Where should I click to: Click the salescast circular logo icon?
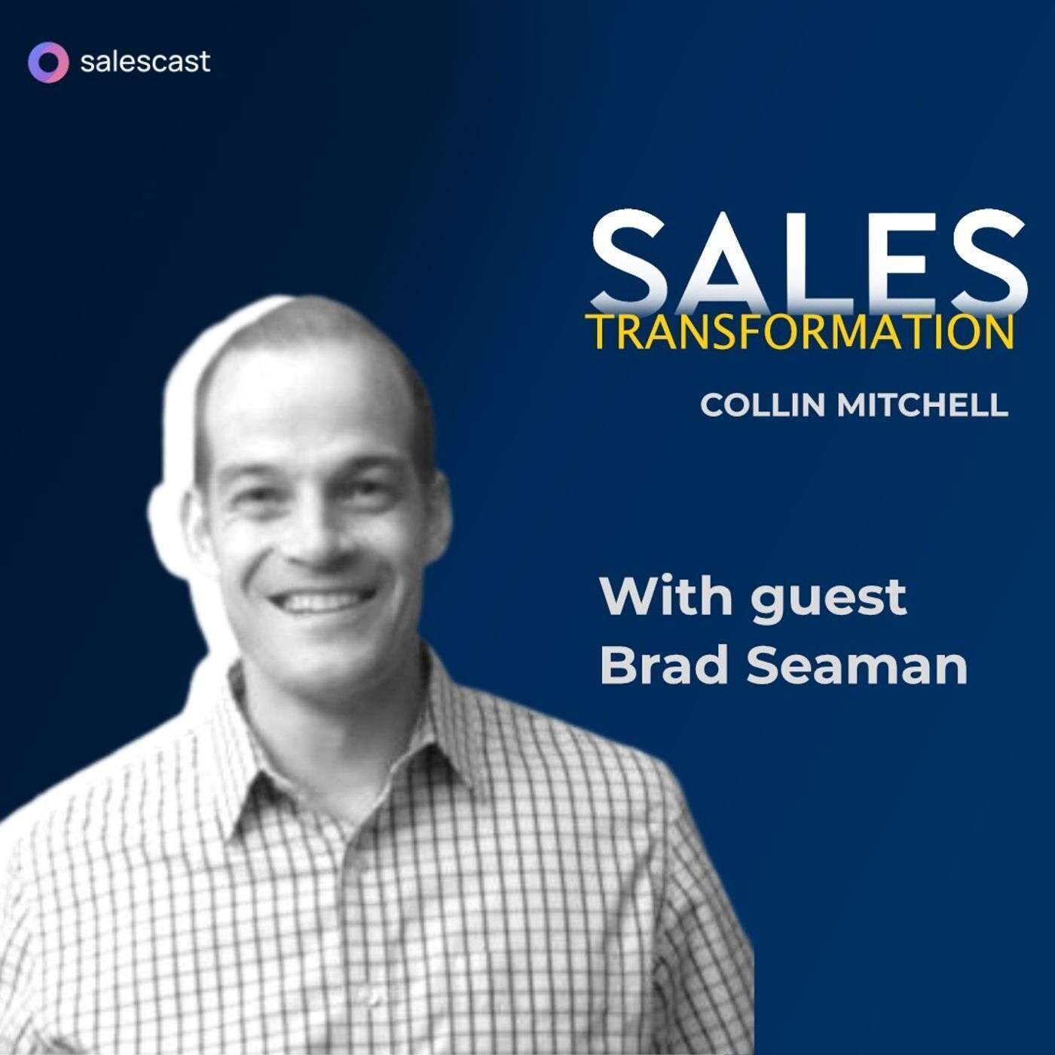47,62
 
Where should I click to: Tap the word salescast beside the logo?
145,62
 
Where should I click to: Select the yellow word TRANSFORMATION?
799,332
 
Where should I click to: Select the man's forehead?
309,399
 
